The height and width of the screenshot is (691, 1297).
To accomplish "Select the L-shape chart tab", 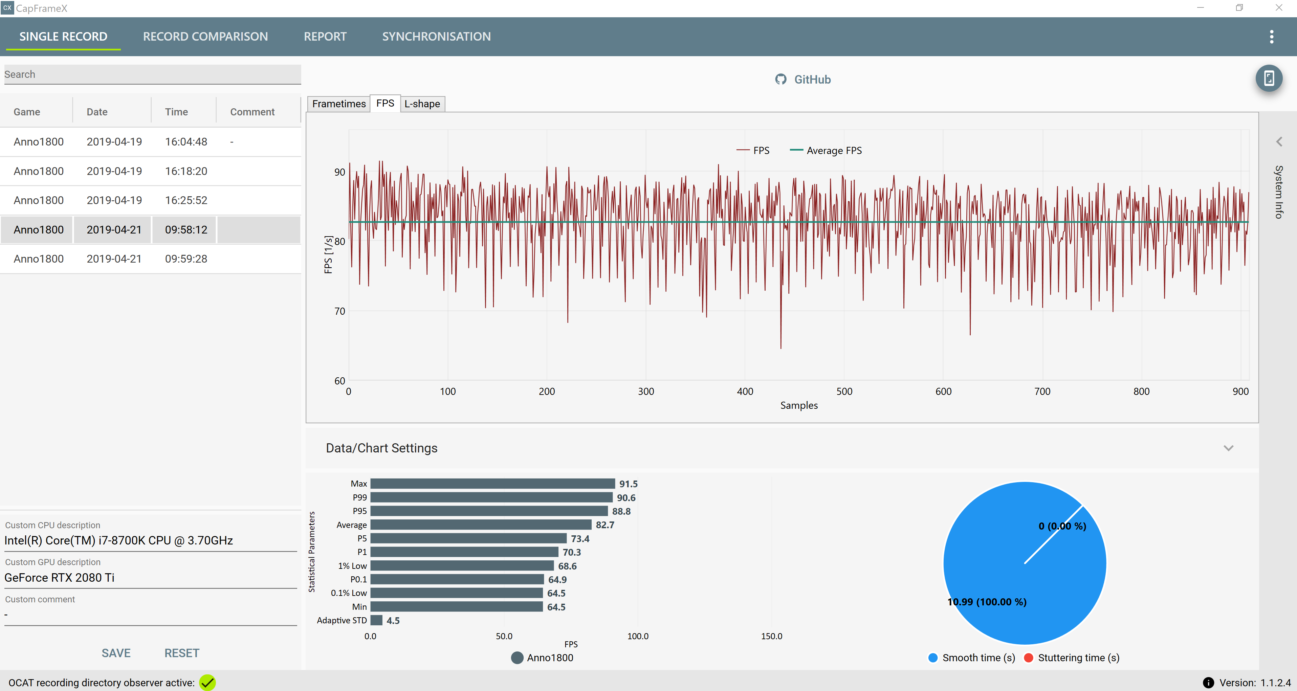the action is click(422, 104).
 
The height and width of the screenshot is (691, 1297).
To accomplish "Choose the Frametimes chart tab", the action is click(339, 104).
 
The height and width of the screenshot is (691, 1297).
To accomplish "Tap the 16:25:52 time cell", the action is click(186, 200).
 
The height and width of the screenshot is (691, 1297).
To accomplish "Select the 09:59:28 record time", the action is click(186, 259).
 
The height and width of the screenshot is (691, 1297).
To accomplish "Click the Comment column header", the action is click(252, 112).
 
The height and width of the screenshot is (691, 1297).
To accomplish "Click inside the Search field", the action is click(153, 74).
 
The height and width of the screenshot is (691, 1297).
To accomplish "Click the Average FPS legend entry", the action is click(826, 151).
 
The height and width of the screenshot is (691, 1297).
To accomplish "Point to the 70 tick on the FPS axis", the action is click(340, 311).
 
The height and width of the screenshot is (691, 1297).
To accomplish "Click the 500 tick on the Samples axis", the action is click(844, 392).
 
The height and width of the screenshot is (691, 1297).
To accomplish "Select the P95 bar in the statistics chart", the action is click(489, 511).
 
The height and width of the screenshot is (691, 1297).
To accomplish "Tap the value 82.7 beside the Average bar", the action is click(605, 525).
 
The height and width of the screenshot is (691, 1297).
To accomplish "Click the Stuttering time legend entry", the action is click(1072, 658).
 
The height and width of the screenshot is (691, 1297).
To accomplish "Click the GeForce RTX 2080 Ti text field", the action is click(151, 578).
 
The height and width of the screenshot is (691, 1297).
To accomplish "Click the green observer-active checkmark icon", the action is click(207, 683).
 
